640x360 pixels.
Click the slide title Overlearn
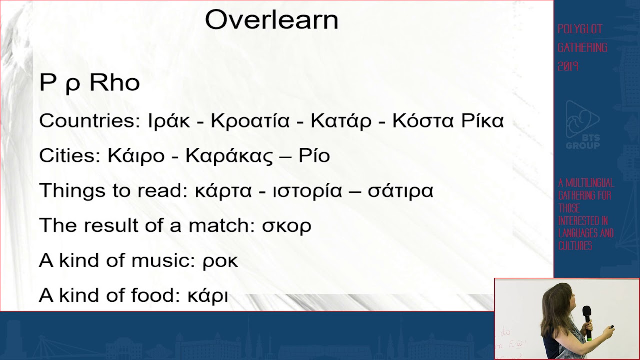pos(271,20)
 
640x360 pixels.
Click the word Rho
pos(114,83)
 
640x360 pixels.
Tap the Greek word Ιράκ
pos(169,121)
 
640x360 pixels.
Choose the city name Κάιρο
pos(136,156)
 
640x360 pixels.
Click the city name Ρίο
pos(314,156)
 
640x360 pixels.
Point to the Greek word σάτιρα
pos(400,191)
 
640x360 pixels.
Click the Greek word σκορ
pos(286,226)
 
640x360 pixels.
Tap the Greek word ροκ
pos(220,261)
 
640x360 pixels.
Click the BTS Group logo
pos(582,125)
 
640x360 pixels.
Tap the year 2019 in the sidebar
pos(568,66)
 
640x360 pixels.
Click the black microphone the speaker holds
pos(587,320)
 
